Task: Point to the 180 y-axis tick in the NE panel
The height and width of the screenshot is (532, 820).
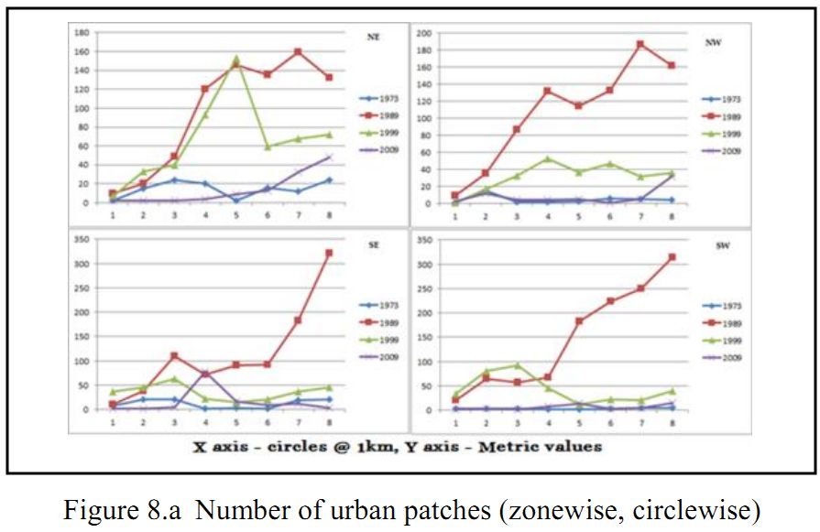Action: pos(81,32)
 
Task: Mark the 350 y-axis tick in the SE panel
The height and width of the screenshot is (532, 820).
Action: pos(81,239)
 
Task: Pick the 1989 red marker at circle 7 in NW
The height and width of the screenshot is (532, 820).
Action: pos(640,44)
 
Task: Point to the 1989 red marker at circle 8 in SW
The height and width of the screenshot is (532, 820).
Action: pos(672,257)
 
